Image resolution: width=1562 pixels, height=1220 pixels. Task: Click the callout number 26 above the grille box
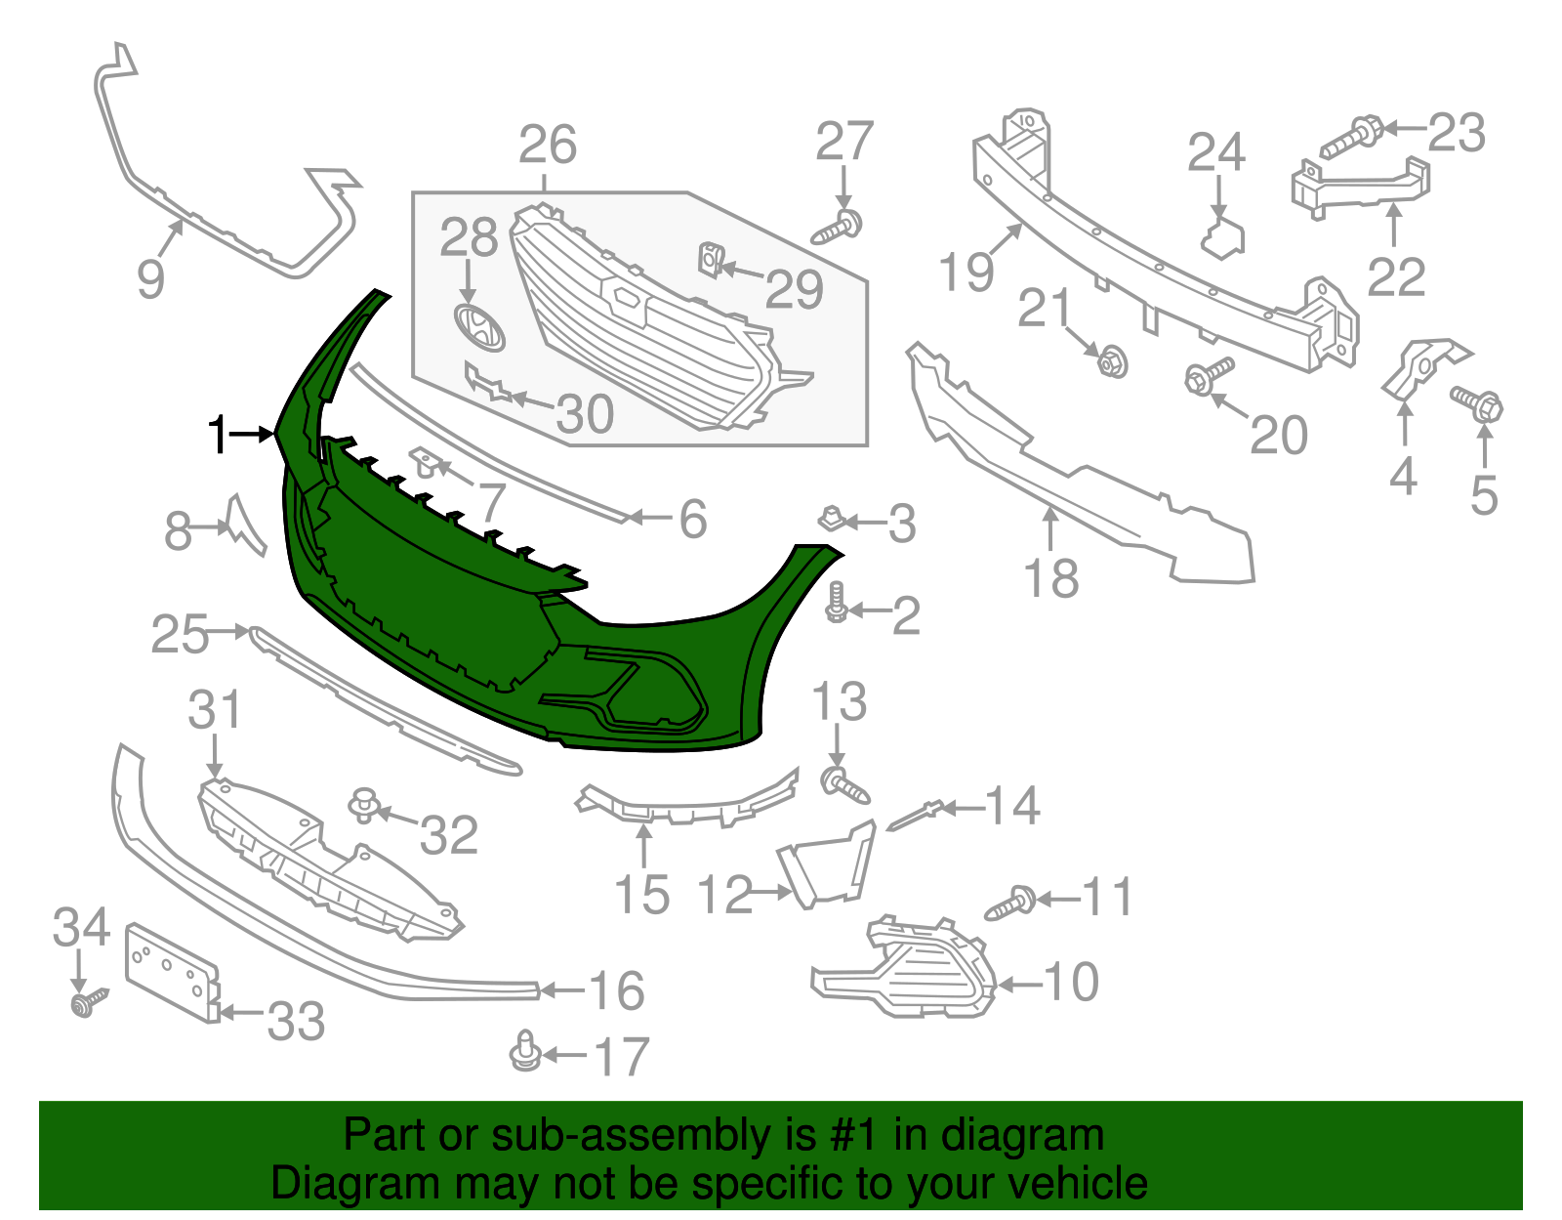(548, 146)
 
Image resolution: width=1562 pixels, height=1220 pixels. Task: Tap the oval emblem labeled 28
(478, 327)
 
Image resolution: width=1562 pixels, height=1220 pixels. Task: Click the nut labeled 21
(1111, 361)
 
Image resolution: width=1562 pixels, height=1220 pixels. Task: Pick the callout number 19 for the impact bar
(966, 272)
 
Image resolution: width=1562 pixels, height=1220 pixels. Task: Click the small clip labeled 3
(830, 518)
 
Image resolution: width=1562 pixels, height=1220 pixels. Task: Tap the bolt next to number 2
(836, 603)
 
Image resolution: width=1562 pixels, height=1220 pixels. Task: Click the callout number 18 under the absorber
(1051, 578)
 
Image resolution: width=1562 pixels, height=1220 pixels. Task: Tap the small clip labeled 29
(710, 260)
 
